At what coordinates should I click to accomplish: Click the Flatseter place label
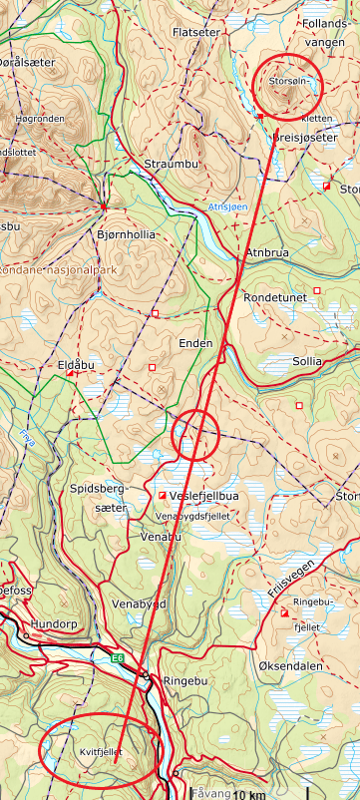pyautogui.click(x=195, y=33)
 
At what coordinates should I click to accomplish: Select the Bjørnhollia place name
pyautogui.click(x=125, y=235)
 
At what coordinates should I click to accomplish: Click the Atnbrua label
pyautogui.click(x=266, y=254)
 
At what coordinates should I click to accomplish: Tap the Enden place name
pyautogui.click(x=195, y=343)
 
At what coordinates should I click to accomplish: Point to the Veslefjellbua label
pyautogui.click(x=204, y=496)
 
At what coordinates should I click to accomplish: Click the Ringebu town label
pyautogui.click(x=189, y=682)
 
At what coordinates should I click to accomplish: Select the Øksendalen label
pyautogui.click(x=290, y=664)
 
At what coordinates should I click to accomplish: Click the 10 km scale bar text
pyautogui.click(x=250, y=794)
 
